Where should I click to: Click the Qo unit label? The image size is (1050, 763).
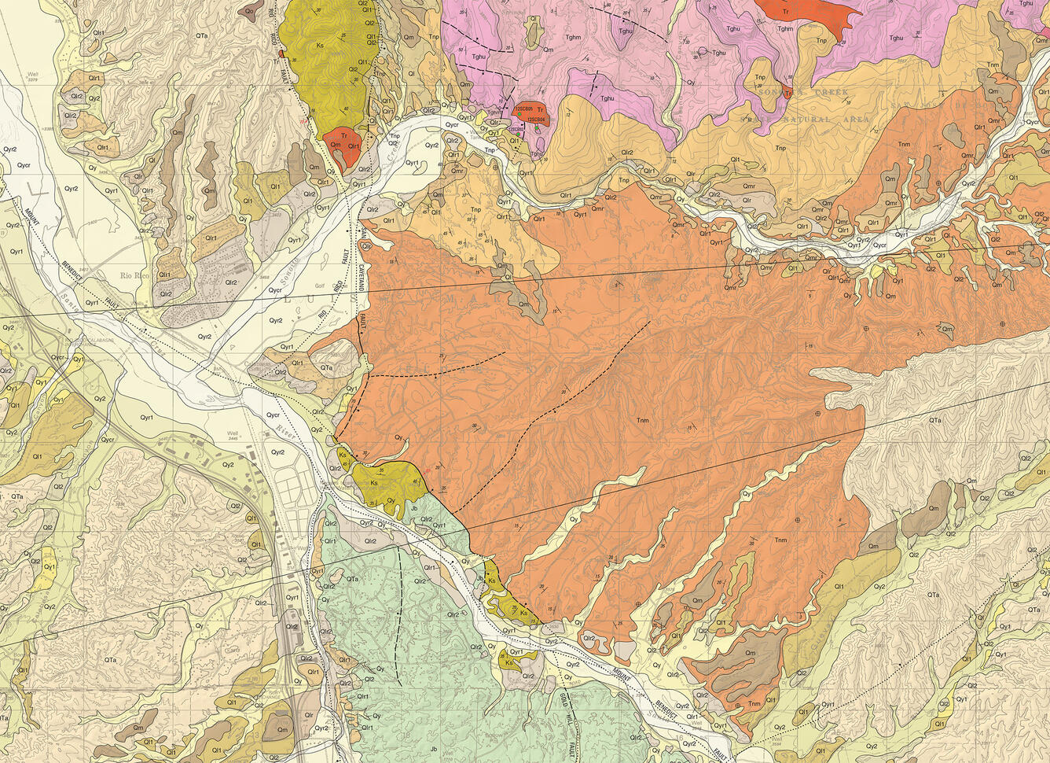(x=249, y=12)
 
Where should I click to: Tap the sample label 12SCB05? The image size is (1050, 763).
(x=524, y=109)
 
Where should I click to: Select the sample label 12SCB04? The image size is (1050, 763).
(x=536, y=120)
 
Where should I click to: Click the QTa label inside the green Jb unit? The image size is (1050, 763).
(x=352, y=579)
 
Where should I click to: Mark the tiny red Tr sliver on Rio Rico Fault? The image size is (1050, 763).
(x=281, y=53)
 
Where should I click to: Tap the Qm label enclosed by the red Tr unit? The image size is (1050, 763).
(x=336, y=145)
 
